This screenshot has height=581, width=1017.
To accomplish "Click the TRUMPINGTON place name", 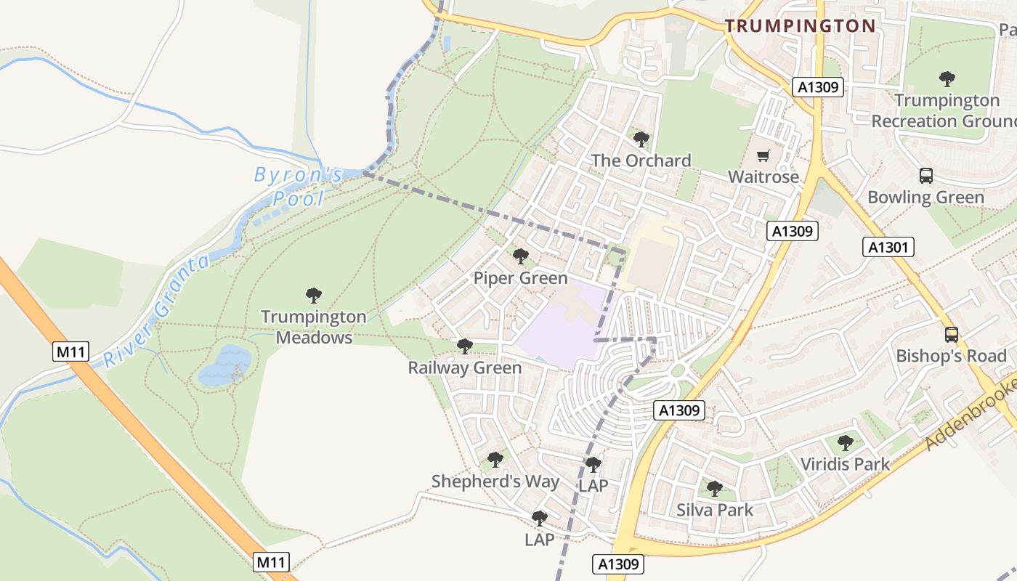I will tap(800, 26).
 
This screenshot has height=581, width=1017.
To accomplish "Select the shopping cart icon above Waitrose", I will tap(763, 155).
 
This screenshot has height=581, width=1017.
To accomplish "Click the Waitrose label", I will tap(763, 176).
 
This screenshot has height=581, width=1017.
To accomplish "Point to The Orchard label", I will tap(641, 161).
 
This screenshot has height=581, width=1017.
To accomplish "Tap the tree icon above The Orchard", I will tap(641, 139).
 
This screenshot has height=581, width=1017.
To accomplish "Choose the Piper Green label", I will tap(520, 278).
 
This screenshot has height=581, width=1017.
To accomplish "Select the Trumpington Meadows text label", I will tap(314, 327).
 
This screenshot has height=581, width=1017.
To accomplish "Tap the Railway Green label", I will tap(464, 368).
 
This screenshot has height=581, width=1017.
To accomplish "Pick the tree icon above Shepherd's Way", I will tap(495, 460).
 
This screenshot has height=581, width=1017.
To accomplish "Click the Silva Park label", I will tap(715, 510).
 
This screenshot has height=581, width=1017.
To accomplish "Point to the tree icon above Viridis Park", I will tap(845, 442).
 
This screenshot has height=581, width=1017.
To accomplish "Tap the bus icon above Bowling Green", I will tap(926, 175).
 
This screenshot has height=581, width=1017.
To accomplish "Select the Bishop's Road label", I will tap(951, 356).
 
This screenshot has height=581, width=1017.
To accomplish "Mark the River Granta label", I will tap(156, 311).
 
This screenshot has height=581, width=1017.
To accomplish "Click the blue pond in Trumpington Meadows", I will tap(225, 365).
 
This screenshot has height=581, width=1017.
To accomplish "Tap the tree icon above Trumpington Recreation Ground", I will tap(947, 78).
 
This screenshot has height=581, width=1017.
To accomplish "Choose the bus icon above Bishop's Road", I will tap(952, 335).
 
